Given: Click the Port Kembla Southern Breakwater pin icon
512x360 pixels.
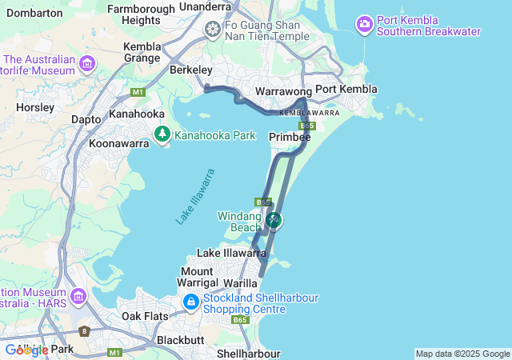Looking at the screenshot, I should pyautogui.click(x=365, y=25).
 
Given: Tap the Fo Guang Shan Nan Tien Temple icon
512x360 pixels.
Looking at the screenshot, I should pyautogui.click(x=213, y=30).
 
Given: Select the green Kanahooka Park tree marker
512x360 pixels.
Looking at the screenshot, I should pyautogui.click(x=162, y=135).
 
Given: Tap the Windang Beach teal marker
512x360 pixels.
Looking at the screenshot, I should pyautogui.click(x=274, y=219).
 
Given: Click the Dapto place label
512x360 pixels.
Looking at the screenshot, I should pyautogui.click(x=86, y=118).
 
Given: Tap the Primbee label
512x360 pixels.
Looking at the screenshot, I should pyautogui.click(x=290, y=138).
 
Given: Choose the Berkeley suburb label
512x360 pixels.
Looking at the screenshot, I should pyautogui.click(x=190, y=70).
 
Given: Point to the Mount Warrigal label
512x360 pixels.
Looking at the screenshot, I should pyautogui.click(x=197, y=277).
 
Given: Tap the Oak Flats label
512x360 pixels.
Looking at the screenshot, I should pyautogui.click(x=145, y=316).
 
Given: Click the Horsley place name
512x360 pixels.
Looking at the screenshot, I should pyautogui.click(x=34, y=106).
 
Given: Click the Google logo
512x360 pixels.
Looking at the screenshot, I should pyautogui.click(x=26, y=350).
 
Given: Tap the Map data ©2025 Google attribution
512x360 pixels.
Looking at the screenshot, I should pyautogui.click(x=462, y=354).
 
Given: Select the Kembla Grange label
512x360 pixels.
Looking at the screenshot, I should pyautogui.click(x=142, y=52).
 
